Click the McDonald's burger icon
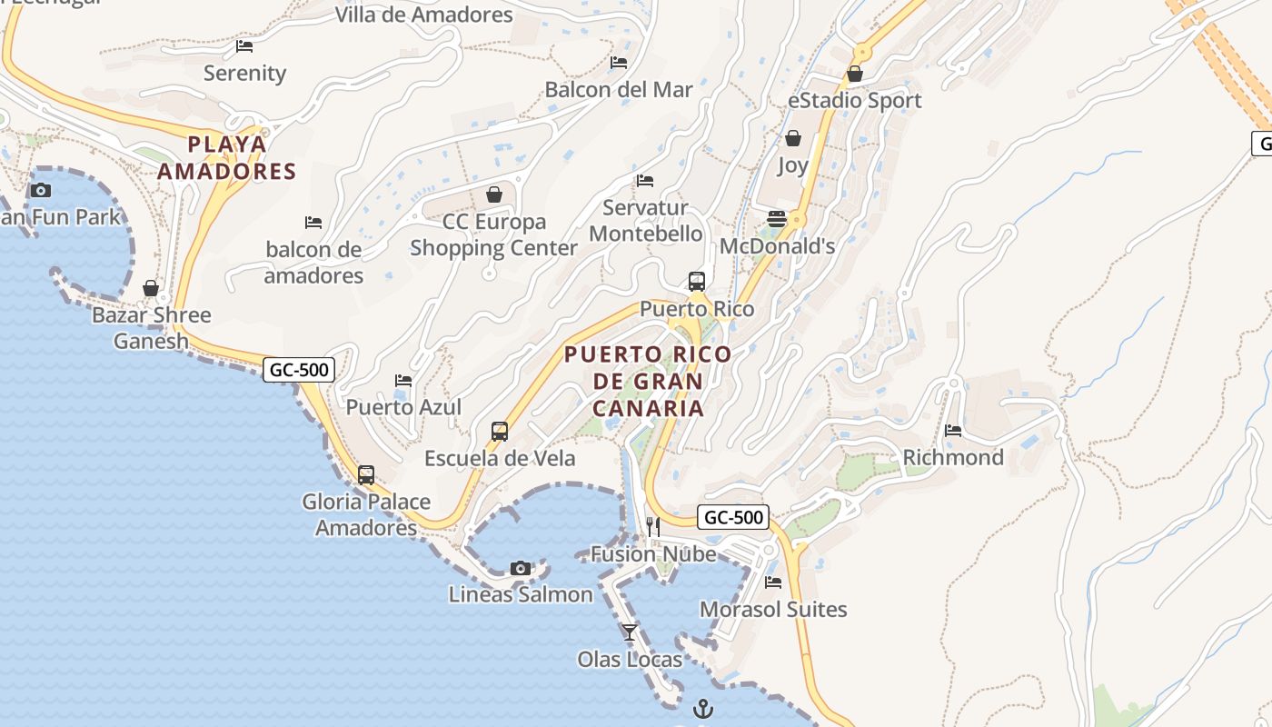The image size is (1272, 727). coord(777,218)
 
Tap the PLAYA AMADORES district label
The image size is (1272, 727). coord(227,157)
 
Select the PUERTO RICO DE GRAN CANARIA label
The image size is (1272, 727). coord(648,381)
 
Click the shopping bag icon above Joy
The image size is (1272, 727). coord(793,138)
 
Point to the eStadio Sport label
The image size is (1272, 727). coord(855,100)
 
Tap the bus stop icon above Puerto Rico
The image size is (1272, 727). coord(697,282)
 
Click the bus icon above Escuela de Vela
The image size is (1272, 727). coord(500,432)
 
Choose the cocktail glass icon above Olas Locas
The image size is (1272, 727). coord(630,632)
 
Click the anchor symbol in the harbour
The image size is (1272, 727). coord(703,709)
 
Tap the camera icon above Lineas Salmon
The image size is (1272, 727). coord(521,568)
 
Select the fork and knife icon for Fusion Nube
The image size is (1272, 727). coord(652,526)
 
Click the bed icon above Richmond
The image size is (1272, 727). coord(953,430)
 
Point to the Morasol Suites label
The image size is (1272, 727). coord(773,609)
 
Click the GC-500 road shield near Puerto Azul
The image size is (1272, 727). coord(299,370)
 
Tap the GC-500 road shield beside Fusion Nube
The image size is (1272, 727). coord(733,518)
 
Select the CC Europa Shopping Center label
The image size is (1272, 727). coord(494,234)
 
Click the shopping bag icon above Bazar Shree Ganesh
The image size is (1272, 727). coord(151,288)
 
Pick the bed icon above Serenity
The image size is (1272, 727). coord(244,45)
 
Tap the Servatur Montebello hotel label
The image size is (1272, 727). coord(645,220)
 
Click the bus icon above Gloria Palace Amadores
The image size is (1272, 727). coord(366,474)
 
